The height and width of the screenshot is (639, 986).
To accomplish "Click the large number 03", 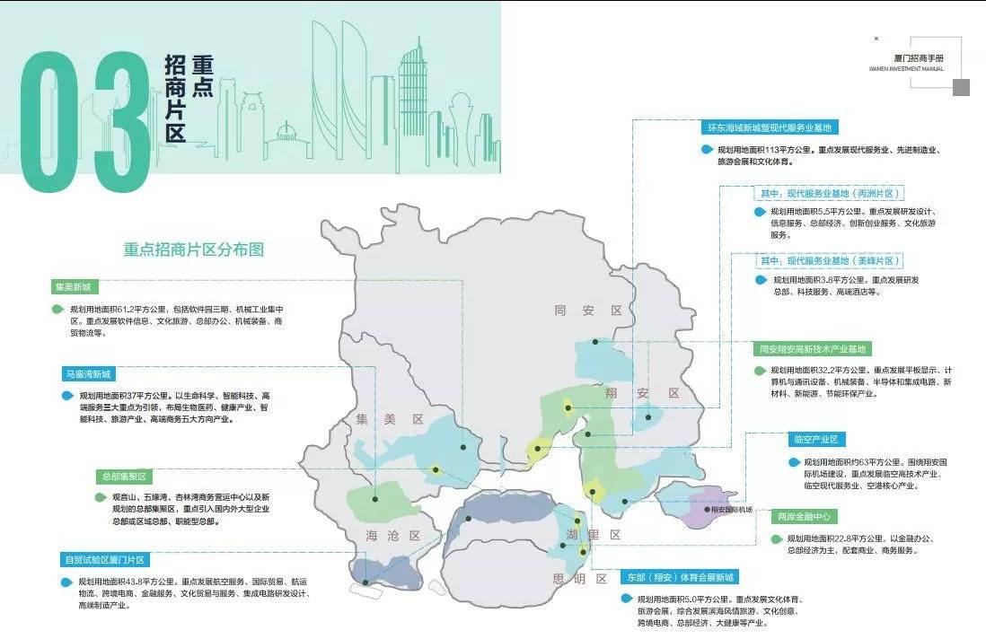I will [85, 121].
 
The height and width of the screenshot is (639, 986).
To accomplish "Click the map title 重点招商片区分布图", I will [194, 249].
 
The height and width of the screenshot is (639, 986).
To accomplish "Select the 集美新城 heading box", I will [74, 287].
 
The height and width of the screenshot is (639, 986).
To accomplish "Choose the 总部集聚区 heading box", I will [123, 477].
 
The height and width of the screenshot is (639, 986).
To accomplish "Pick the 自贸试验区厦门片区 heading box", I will [105, 560].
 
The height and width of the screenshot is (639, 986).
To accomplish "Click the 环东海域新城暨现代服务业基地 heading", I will [771, 127].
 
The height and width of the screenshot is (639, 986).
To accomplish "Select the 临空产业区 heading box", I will [815, 440].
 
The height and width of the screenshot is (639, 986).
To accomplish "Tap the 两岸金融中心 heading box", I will [805, 517].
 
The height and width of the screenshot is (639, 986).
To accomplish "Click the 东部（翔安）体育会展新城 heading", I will [681, 577].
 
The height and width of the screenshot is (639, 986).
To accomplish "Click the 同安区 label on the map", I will [588, 311].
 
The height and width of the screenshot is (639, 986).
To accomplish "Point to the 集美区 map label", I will [389, 419].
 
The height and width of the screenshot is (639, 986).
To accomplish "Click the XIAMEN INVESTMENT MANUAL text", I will [906, 68].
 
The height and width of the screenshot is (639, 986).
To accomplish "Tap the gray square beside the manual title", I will [961, 87].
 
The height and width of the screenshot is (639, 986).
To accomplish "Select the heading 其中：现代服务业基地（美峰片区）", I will [828, 260].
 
